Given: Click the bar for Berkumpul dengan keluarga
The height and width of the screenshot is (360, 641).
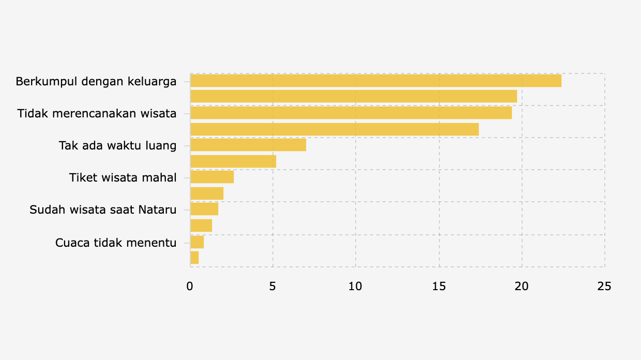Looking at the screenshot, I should point(376,81).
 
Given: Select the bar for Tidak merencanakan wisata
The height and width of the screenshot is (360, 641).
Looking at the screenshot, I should point(351,113).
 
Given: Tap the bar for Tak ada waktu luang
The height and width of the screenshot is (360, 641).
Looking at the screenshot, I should point(248,145).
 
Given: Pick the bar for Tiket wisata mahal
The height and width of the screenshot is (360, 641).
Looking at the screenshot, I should point(212,177).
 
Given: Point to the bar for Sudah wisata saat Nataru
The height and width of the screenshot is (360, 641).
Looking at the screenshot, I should point(204,209).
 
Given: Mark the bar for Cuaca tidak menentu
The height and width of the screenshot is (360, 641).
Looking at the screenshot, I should point(197,242).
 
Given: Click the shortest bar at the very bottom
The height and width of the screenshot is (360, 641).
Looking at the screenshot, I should point(194,258).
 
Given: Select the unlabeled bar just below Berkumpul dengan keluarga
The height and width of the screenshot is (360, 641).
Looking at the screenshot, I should point(354,96).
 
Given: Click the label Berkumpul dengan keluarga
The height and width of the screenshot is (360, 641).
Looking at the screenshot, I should point(96,81).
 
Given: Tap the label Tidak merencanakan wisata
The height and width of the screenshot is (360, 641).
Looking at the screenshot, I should point(97,113).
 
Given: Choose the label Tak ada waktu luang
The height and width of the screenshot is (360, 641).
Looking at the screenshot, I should point(118,145).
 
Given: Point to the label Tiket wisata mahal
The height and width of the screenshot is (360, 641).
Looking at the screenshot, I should point(123,177).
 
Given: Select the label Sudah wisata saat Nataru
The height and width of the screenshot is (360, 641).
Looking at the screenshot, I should point(103,209).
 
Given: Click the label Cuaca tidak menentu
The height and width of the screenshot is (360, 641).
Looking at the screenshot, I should point(116,242).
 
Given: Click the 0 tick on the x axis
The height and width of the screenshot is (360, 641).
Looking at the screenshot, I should point(190,286).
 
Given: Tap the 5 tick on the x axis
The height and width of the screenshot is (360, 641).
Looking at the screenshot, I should point(273,286).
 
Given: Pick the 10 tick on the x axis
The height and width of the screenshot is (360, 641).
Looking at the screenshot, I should point(356,286).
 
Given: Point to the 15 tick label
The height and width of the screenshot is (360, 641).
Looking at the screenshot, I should point(439,286).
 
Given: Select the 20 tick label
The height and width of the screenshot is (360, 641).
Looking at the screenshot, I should point(522,286).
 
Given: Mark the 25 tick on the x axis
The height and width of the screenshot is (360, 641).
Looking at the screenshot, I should point(604,286).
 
